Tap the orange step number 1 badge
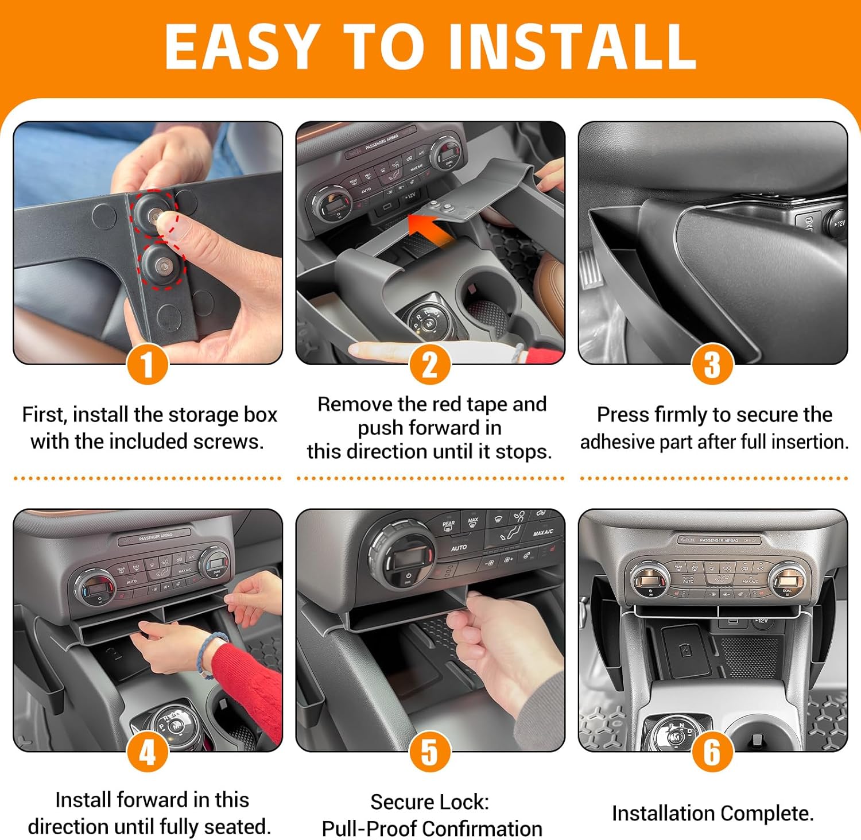pos(148,365)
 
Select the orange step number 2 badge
pos(430,365)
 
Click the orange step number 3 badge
pos(712,365)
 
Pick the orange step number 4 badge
pos(148,752)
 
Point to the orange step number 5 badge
pos(430,752)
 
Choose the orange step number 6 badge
pos(712,752)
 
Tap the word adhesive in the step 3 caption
pos(621,442)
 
